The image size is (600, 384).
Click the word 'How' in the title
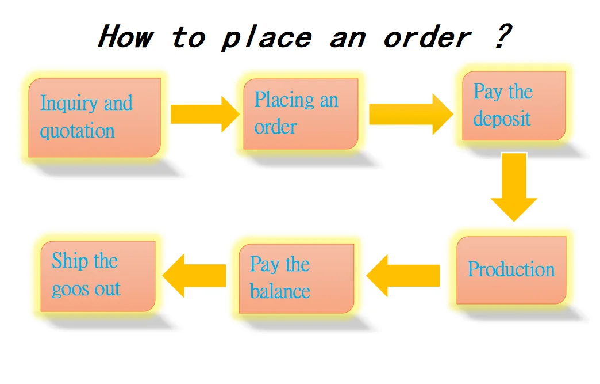(x=125, y=37)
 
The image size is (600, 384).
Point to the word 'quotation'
(x=77, y=131)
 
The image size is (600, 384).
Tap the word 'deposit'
(x=502, y=119)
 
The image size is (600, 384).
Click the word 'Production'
(x=511, y=269)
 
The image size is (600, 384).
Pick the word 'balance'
(x=280, y=291)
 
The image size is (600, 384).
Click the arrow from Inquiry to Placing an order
(x=205, y=114)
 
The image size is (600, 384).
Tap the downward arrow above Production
(x=514, y=187)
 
